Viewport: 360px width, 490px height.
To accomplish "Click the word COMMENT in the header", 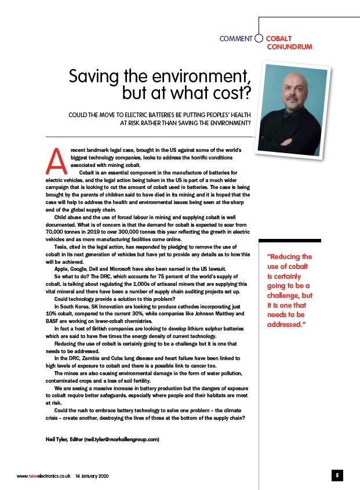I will tap(236, 39).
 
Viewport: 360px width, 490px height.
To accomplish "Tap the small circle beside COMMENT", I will tap(259, 39).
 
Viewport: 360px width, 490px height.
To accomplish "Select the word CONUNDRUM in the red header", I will tap(289, 47).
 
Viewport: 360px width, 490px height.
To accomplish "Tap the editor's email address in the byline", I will tap(122, 440).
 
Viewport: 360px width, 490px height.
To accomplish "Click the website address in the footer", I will tap(43, 476).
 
